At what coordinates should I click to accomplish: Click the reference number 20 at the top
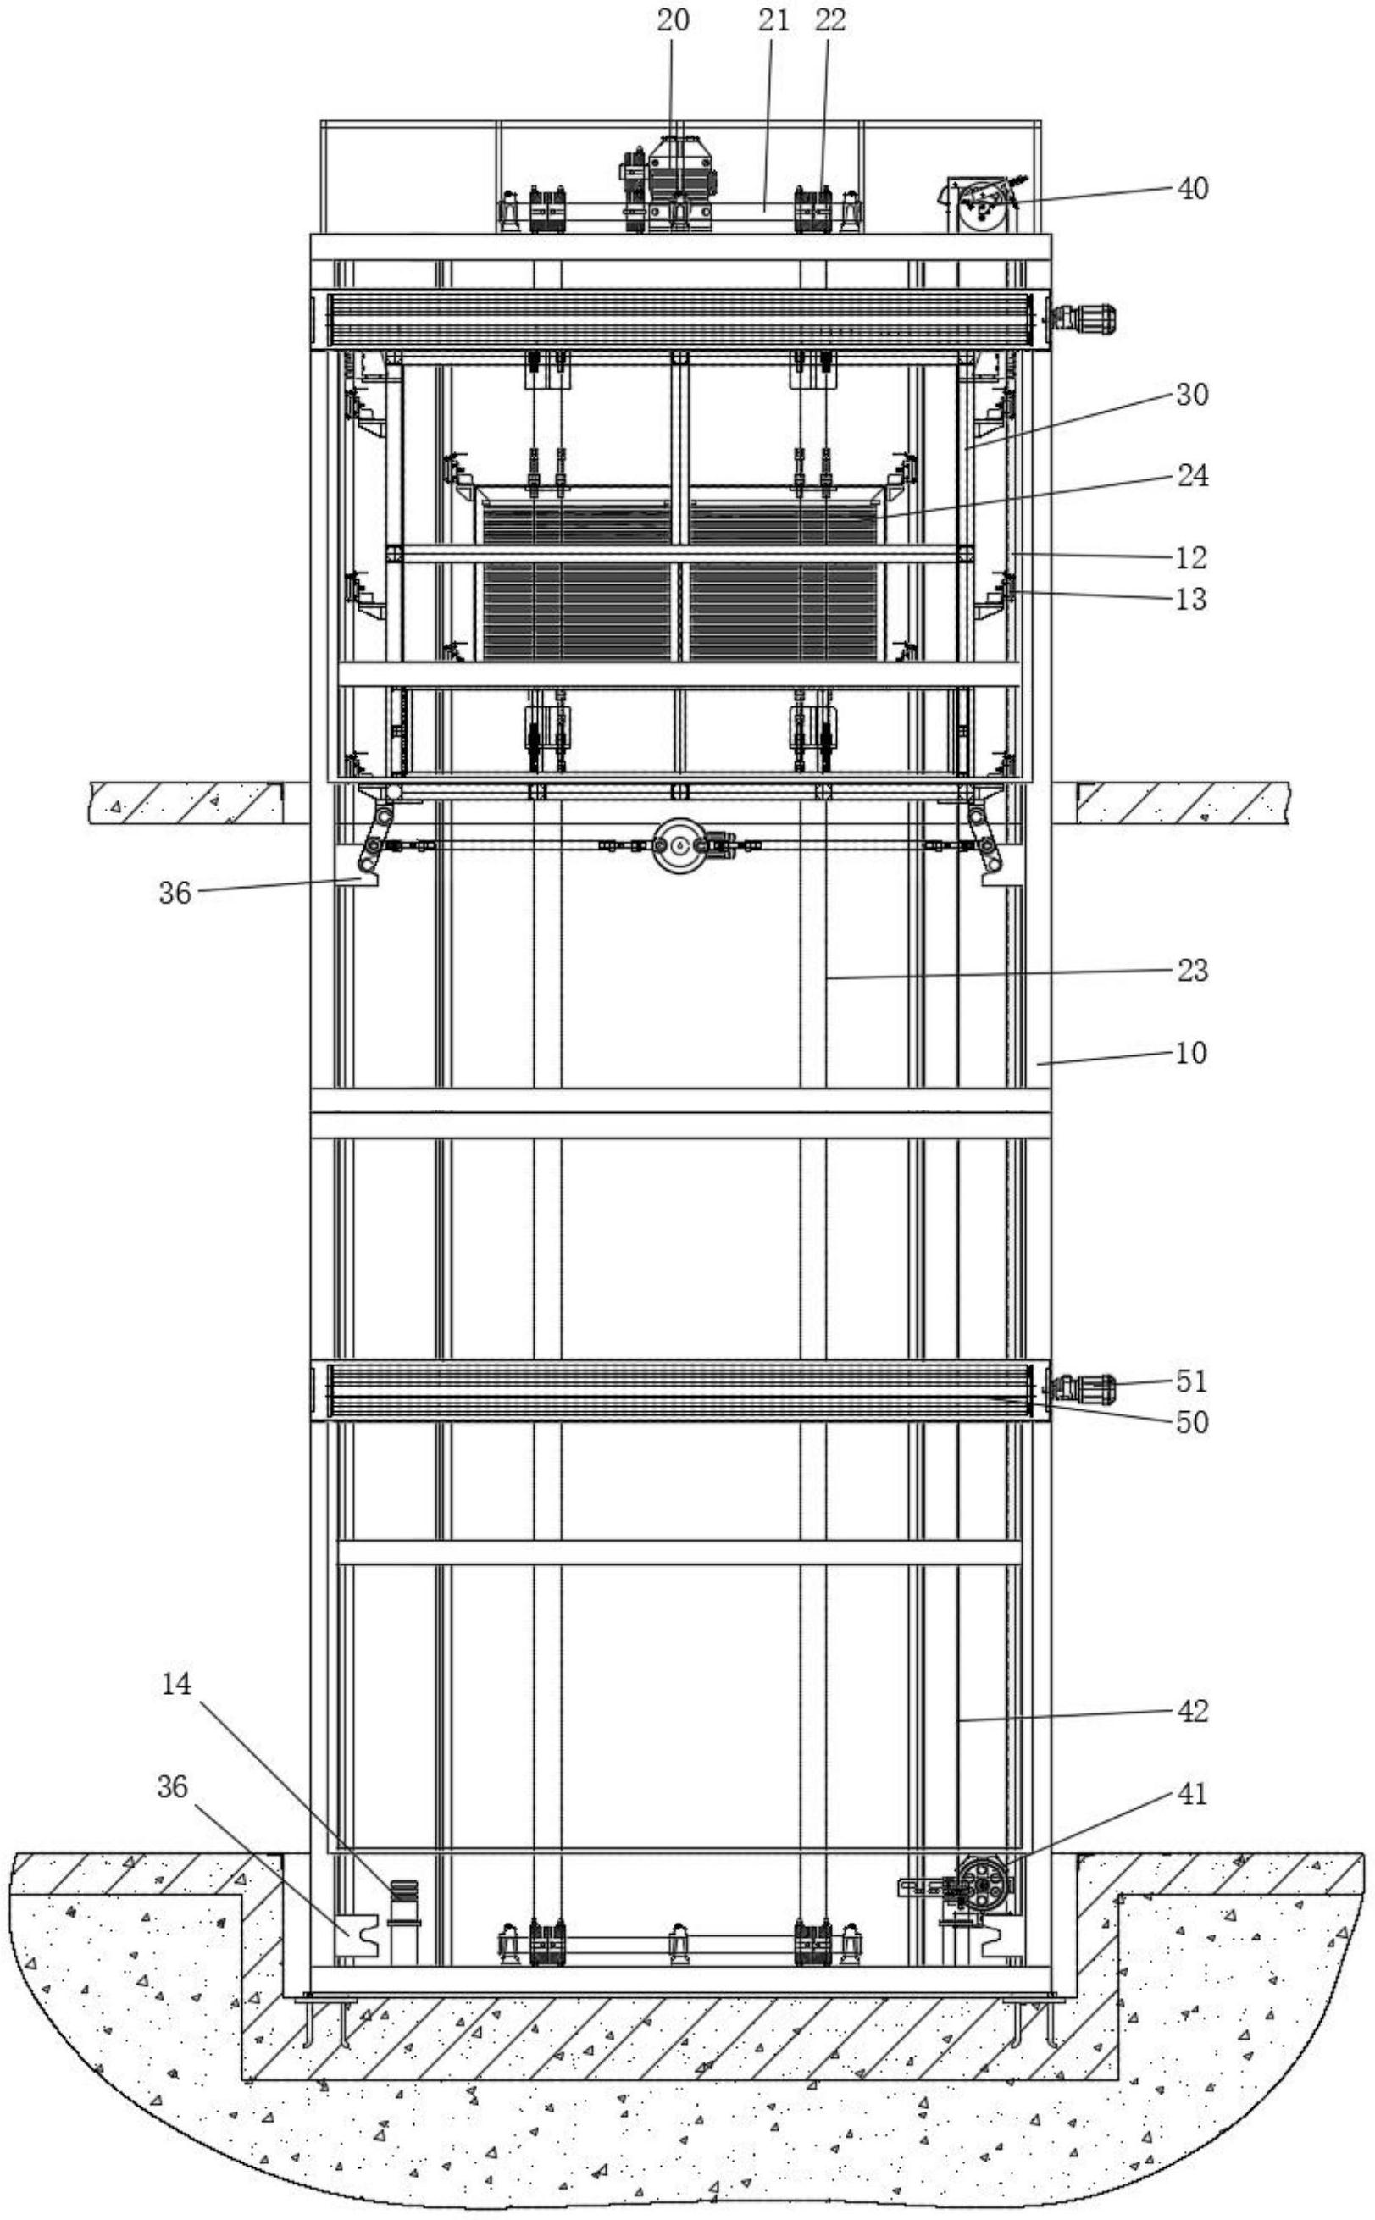(x=673, y=21)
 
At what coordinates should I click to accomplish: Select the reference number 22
(x=830, y=21)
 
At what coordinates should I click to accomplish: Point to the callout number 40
(x=1192, y=188)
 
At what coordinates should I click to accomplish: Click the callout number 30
(x=1192, y=395)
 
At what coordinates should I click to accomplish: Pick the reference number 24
(x=1192, y=475)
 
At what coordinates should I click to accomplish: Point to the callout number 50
(x=1192, y=1422)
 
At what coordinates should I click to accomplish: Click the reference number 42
(x=1192, y=1711)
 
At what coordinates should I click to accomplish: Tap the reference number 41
(x=1192, y=1794)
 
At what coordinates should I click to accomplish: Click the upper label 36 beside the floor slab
(x=175, y=894)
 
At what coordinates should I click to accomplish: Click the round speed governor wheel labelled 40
(x=981, y=208)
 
